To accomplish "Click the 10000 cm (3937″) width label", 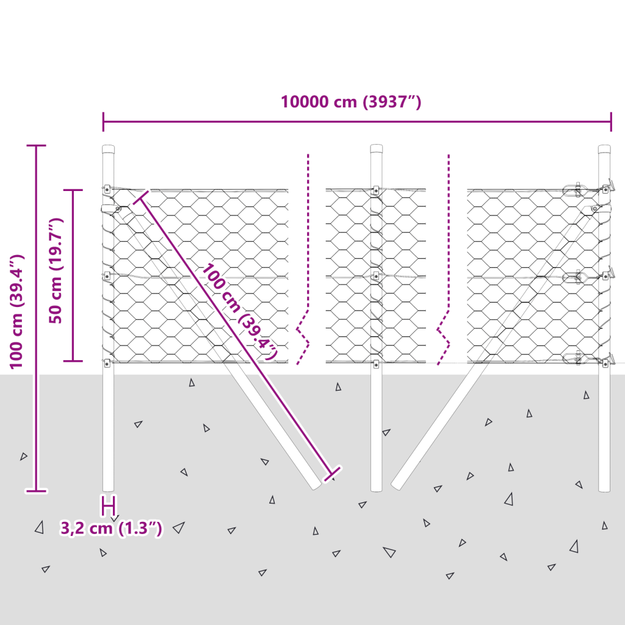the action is click(x=351, y=102).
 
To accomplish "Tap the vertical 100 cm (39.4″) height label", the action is click(x=16, y=312).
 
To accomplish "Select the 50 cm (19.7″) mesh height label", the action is click(x=56, y=270).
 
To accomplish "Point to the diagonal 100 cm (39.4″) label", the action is click(x=239, y=312).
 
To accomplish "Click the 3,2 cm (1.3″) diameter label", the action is click(x=111, y=528).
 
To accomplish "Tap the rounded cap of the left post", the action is click(x=108, y=149).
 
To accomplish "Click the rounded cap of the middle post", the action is click(x=376, y=149).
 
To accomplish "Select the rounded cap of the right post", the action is click(x=604, y=149).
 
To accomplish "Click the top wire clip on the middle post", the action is click(x=376, y=190).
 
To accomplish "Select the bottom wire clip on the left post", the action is click(x=107, y=363).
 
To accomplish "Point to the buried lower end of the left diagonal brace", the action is click(x=316, y=484).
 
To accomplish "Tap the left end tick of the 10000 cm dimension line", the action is click(x=103, y=121).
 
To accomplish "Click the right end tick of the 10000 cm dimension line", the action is click(x=611, y=121).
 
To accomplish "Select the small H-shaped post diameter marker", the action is click(x=109, y=506).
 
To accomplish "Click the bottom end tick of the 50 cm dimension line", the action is click(x=73, y=361).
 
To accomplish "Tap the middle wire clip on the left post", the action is click(x=107, y=275).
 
